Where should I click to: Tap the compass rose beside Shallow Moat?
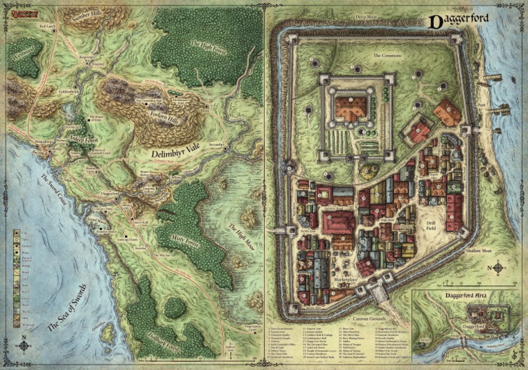(x=497, y=268)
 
